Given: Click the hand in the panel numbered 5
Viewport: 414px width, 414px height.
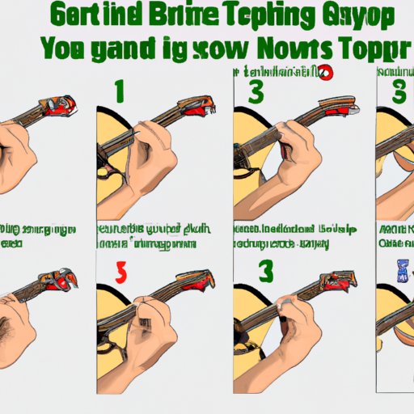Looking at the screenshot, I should click(x=158, y=323).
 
